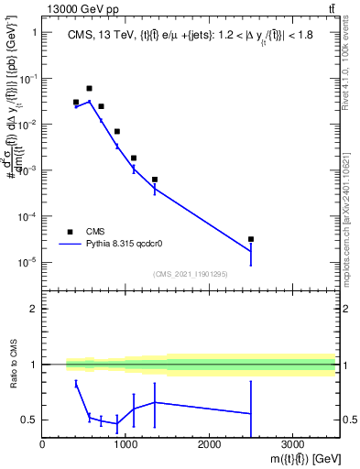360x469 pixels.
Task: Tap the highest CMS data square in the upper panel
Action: pos(89,89)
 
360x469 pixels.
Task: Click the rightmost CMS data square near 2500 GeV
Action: pos(251,239)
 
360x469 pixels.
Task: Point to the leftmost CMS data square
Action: pos(76,103)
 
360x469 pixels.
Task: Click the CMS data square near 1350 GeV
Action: pos(155,180)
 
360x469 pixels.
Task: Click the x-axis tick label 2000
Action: pos(209,445)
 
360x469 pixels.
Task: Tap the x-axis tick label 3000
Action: pos(292,445)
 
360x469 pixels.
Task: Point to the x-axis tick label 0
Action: pos(42,445)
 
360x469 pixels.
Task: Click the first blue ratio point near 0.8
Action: pos(76,383)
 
